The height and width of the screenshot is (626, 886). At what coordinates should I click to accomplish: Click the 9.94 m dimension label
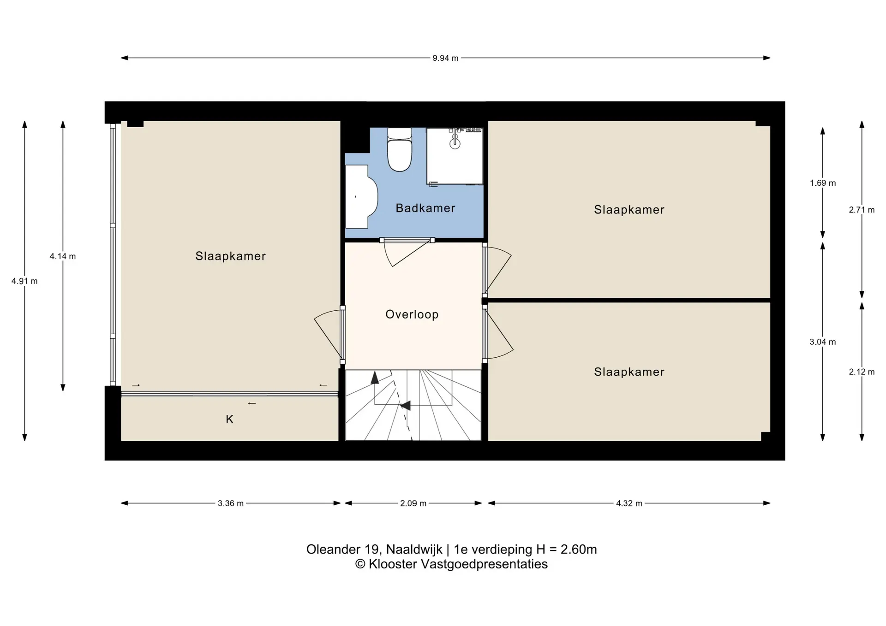445,58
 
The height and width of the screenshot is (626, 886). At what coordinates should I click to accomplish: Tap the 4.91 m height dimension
24,281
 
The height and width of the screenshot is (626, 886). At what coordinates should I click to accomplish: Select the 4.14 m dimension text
63,256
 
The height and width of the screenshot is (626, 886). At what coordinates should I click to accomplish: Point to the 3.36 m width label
231,503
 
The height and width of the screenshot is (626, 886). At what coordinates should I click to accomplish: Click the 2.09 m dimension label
413,503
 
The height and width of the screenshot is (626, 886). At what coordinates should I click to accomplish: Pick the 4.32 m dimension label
629,503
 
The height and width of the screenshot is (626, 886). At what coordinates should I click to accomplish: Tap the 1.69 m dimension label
823,183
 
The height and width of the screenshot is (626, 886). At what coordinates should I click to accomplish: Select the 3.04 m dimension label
823,342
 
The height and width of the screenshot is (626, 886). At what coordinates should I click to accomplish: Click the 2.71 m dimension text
862,210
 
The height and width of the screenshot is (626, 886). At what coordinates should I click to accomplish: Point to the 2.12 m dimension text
862,372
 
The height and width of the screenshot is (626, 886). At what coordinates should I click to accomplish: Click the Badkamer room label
425,208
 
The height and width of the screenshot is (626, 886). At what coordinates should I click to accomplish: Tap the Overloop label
412,314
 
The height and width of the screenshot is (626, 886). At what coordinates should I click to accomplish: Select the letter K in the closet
229,419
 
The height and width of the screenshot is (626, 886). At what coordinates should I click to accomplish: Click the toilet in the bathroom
400,149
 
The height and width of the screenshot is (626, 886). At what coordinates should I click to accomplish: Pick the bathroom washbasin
361,197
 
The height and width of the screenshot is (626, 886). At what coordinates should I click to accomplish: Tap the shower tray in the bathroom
455,156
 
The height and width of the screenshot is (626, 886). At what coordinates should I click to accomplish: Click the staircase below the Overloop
413,405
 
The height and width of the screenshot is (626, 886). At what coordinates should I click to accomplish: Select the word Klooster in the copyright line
393,564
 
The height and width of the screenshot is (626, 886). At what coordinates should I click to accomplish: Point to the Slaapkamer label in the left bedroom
231,256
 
